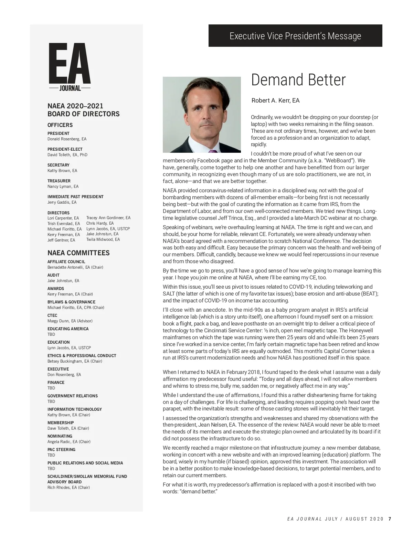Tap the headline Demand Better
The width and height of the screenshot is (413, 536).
coord(298,80)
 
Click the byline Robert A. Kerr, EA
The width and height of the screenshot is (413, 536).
coord(275,100)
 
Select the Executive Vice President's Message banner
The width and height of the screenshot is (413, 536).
coord(295,36)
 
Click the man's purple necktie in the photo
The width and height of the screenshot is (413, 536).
coord(212,151)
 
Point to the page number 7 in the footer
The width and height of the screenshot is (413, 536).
coord(390,519)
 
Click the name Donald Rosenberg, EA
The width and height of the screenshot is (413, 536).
coord(67,139)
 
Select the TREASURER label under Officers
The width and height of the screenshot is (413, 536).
coord(59,181)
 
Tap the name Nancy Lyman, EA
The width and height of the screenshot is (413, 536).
coord(63,186)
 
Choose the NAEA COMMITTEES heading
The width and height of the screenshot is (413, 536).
coord(78,253)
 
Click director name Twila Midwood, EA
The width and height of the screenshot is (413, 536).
coord(103,239)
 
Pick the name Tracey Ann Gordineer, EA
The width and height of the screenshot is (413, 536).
coord(108,218)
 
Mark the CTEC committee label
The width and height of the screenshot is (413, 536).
coord(52,315)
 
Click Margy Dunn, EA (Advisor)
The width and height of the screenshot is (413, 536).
coord(70,321)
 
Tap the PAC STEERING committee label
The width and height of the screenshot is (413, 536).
coord(61,450)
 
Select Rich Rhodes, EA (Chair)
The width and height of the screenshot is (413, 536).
coord(68,487)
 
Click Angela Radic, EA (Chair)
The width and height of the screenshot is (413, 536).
coord(69,442)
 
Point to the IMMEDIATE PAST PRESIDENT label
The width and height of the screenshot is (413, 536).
coord(75,197)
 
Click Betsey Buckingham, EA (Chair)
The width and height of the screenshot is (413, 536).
coord(75,361)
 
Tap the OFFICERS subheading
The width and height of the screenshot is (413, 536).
coord(60,125)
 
